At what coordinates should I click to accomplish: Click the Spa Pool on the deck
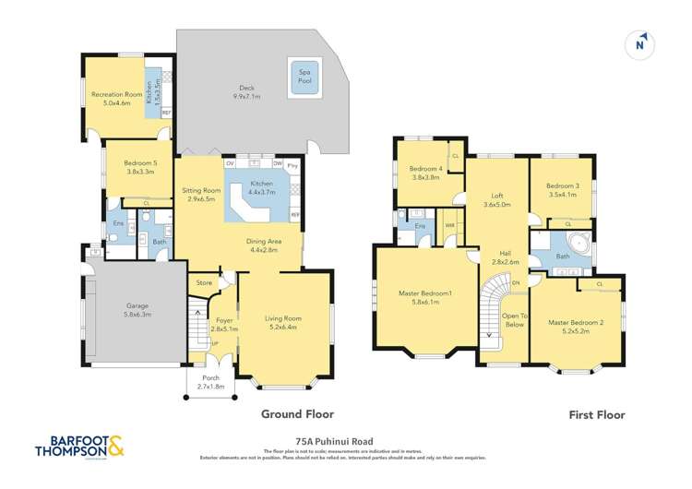coord(304,76)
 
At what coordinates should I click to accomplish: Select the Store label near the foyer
coord(204,282)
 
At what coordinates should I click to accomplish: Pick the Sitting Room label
coord(199,189)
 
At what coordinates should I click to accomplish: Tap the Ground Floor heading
coord(297,414)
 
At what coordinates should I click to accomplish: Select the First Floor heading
coord(598,414)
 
